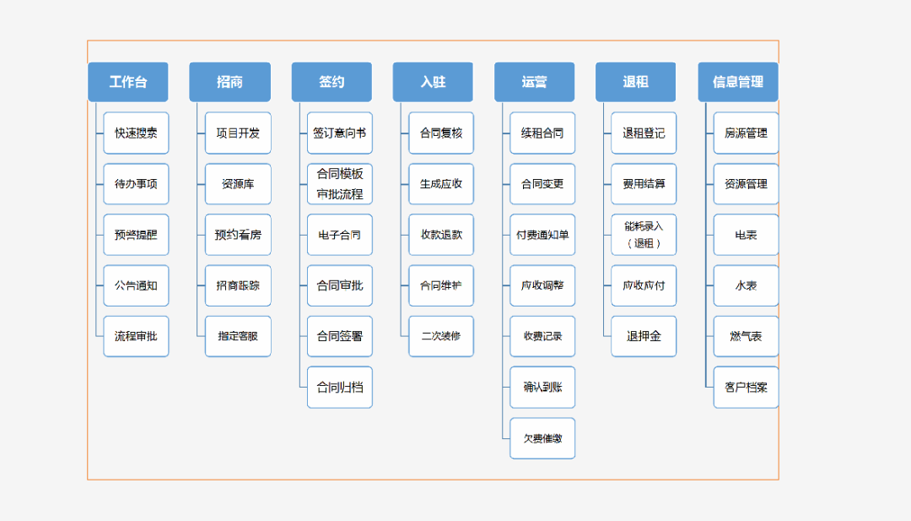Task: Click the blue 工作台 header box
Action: (128, 82)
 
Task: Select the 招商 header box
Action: (230, 82)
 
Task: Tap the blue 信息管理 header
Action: (738, 82)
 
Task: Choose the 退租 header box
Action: (636, 82)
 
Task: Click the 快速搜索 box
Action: (136, 133)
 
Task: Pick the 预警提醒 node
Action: (136, 235)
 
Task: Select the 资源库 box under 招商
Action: (238, 184)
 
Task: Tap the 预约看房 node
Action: (238, 235)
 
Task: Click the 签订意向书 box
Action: (340, 133)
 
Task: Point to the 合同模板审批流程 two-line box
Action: (340, 184)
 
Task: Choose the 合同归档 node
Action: (340, 388)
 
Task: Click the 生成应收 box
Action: (441, 184)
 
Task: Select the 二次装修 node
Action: (441, 336)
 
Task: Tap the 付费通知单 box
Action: (542, 235)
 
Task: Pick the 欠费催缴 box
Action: (542, 438)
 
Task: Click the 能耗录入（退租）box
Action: (644, 235)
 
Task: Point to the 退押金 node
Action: (644, 336)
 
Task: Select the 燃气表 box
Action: (746, 336)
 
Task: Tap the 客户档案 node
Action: (746, 388)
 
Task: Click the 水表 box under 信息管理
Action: (746, 285)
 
